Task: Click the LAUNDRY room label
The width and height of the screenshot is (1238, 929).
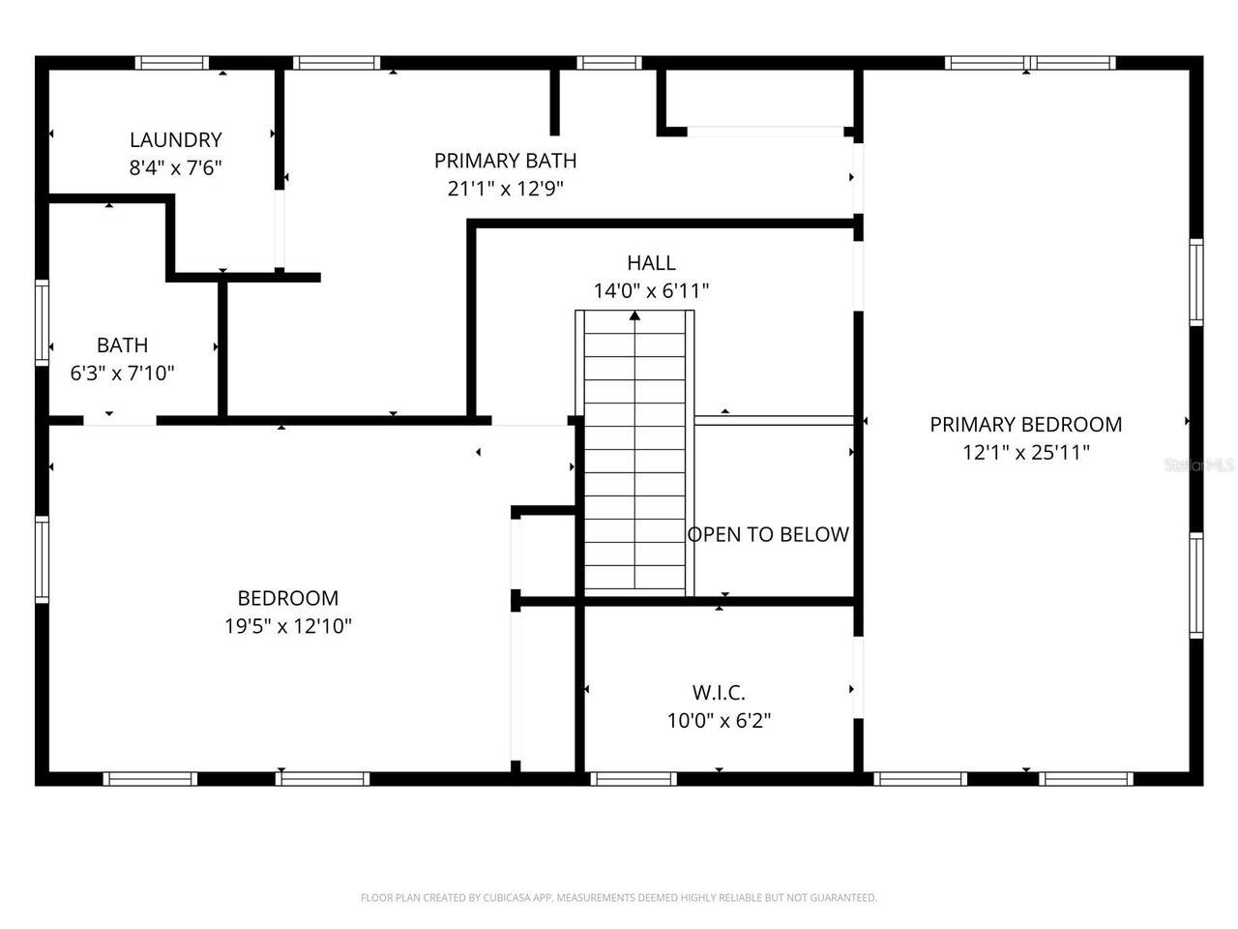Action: (175, 139)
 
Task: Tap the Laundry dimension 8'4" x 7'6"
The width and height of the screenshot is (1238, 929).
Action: (175, 167)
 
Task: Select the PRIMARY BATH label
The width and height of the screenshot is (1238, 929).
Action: (505, 161)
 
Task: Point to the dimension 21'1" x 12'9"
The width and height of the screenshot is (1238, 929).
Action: (505, 189)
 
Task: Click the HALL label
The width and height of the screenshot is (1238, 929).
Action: (651, 262)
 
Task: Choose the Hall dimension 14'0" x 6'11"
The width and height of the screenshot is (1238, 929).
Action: (651, 290)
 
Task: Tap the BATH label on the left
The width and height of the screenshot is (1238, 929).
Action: (122, 345)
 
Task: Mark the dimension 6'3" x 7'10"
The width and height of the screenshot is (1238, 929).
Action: (122, 373)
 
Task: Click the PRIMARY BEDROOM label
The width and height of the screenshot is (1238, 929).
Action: (1025, 424)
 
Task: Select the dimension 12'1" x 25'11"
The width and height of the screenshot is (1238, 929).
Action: (1025, 452)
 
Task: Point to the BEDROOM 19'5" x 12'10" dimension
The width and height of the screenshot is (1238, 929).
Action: (288, 626)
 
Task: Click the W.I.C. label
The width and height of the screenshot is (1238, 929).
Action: (719, 692)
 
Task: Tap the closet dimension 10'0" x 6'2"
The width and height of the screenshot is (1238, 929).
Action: (719, 720)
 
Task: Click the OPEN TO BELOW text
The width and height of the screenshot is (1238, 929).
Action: (768, 534)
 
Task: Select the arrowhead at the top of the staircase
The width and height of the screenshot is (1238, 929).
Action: (634, 315)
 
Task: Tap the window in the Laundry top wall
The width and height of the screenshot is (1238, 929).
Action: (171, 63)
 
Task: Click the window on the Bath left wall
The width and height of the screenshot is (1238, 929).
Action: (42, 321)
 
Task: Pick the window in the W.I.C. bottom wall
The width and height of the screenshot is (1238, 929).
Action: (633, 779)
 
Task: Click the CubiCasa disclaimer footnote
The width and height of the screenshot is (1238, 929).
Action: (619, 898)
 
